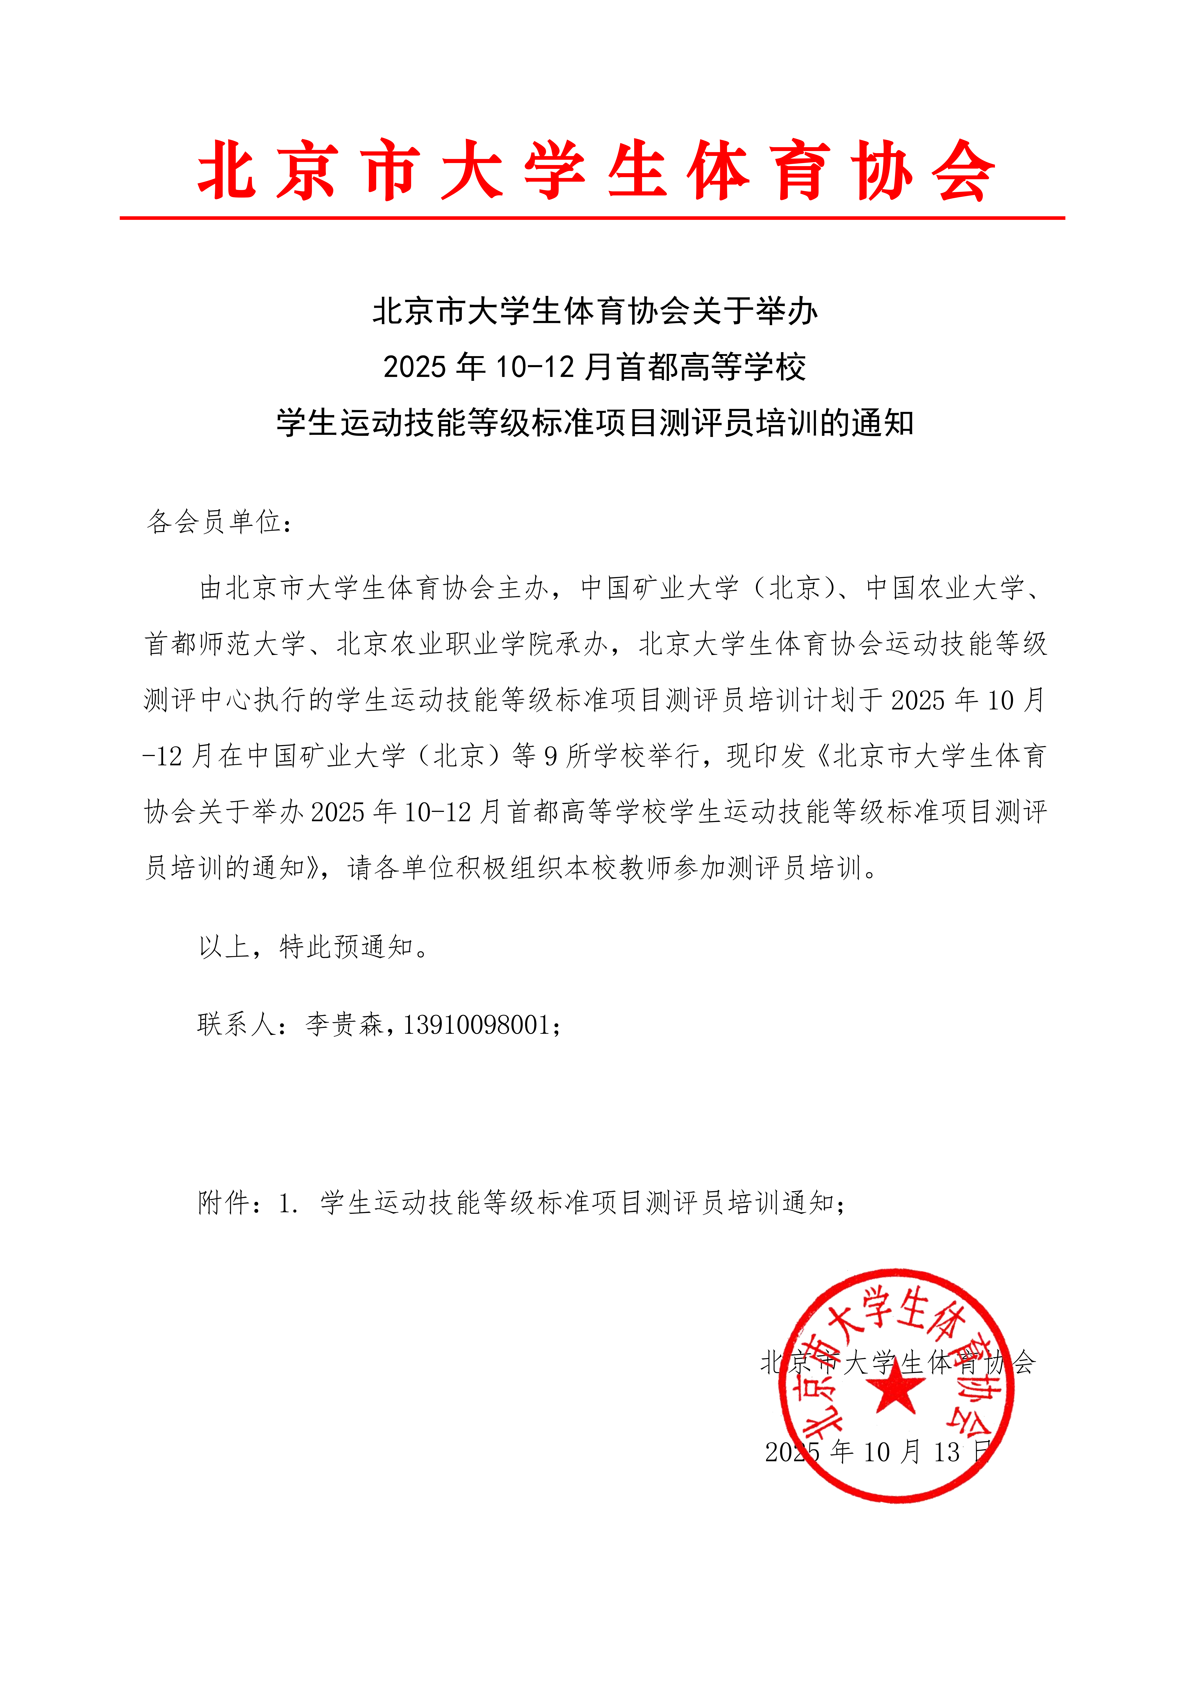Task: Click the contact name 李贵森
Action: coord(344,1025)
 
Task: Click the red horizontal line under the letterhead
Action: coord(592,218)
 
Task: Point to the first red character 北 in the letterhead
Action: coord(227,171)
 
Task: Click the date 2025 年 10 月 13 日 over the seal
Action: coord(878,1451)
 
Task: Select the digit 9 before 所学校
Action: coord(551,756)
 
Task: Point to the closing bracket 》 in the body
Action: coord(315,869)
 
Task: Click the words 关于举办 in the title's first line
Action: coord(755,311)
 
